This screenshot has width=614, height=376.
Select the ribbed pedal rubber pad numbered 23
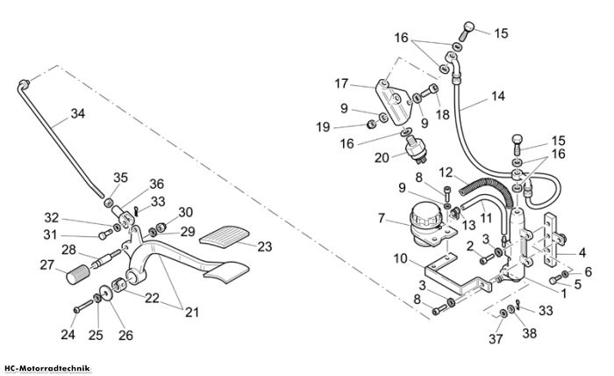(225, 237)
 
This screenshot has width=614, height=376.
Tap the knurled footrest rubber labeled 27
(78, 274)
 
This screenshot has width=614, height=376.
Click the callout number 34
(77, 113)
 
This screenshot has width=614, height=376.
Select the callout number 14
(497, 96)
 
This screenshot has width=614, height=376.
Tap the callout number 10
(401, 259)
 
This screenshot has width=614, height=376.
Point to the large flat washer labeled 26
(105, 293)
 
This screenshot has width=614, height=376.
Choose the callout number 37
(496, 339)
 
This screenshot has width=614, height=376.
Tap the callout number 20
(382, 157)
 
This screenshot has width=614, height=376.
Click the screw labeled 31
(105, 234)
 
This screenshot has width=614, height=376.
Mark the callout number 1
(563, 293)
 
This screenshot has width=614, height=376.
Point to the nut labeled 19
(371, 125)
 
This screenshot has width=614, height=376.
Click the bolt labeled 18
(430, 90)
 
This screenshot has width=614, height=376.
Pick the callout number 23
(264, 247)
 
